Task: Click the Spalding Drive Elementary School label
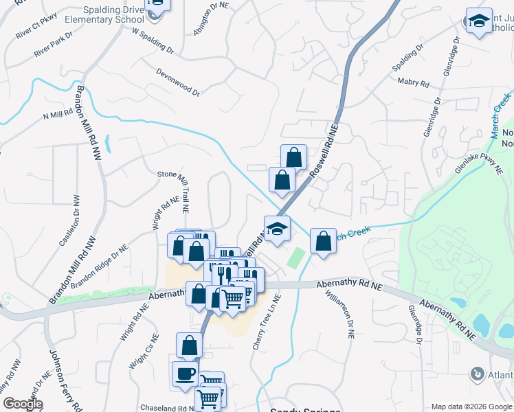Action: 105,15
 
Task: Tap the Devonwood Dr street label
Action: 177,82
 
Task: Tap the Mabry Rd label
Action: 413,82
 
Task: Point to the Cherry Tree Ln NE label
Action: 267,322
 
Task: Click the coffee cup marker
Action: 185,374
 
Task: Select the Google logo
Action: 23,404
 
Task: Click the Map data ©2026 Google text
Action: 471,406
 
